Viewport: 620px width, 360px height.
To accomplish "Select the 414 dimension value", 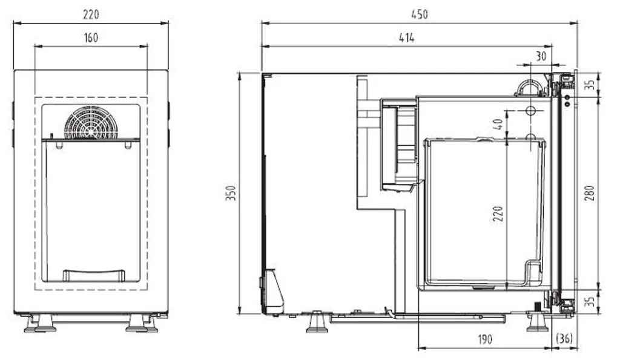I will (406, 38).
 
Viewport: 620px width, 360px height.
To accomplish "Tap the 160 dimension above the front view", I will (91, 38).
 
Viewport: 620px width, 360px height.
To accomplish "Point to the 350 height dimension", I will (231, 194).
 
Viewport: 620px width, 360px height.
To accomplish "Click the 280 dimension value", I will (590, 192).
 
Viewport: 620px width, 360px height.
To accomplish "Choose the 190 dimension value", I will (484, 339).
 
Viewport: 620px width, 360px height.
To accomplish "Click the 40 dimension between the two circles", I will (498, 125).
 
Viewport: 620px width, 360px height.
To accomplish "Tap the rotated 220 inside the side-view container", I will (498, 213).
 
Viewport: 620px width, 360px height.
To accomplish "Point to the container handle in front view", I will (94, 275).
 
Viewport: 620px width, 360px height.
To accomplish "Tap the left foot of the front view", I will (40, 324).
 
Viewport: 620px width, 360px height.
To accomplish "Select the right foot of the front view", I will (142, 324).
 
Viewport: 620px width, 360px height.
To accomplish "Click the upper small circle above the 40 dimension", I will (530, 111).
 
